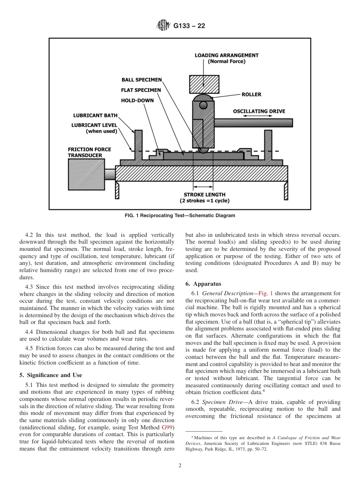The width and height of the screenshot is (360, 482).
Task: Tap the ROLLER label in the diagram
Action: click(x=252, y=94)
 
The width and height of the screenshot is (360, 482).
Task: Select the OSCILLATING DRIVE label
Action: click(x=259, y=111)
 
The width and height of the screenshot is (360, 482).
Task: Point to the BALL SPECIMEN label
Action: click(x=141, y=80)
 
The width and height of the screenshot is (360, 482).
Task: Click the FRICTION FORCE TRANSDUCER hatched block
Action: click(x=86, y=174)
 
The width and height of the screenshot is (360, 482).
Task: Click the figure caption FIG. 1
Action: click(x=180, y=216)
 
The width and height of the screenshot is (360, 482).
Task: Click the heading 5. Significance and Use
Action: click(x=51, y=375)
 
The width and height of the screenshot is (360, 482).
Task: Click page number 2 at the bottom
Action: click(x=180, y=466)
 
